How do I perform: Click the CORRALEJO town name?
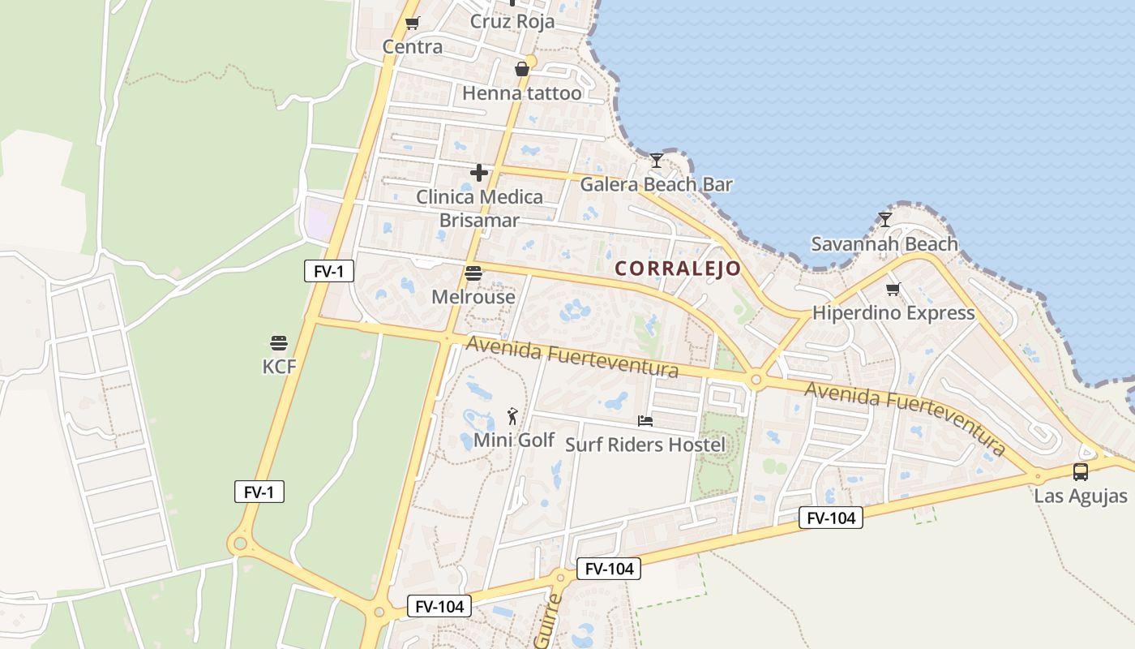(678, 269)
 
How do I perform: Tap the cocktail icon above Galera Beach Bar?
(657, 160)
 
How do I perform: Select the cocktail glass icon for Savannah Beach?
(885, 219)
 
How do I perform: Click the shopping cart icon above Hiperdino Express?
(893, 289)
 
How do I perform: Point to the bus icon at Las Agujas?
(1080, 472)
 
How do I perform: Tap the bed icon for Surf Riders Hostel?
(645, 420)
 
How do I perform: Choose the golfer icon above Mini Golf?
(512, 416)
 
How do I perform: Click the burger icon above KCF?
(279, 342)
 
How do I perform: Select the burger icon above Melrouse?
(473, 273)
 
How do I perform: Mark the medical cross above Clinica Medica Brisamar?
(479, 172)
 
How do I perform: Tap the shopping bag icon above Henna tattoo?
(522, 69)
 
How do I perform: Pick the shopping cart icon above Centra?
(412, 23)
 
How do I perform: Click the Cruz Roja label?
(512, 21)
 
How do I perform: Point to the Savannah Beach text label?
(884, 243)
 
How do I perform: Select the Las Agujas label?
(1081, 496)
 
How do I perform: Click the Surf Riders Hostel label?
(645, 445)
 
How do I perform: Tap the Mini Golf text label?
(514, 441)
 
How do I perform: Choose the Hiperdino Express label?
(893, 313)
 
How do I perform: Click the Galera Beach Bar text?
(656, 184)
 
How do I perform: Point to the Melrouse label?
(473, 297)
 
